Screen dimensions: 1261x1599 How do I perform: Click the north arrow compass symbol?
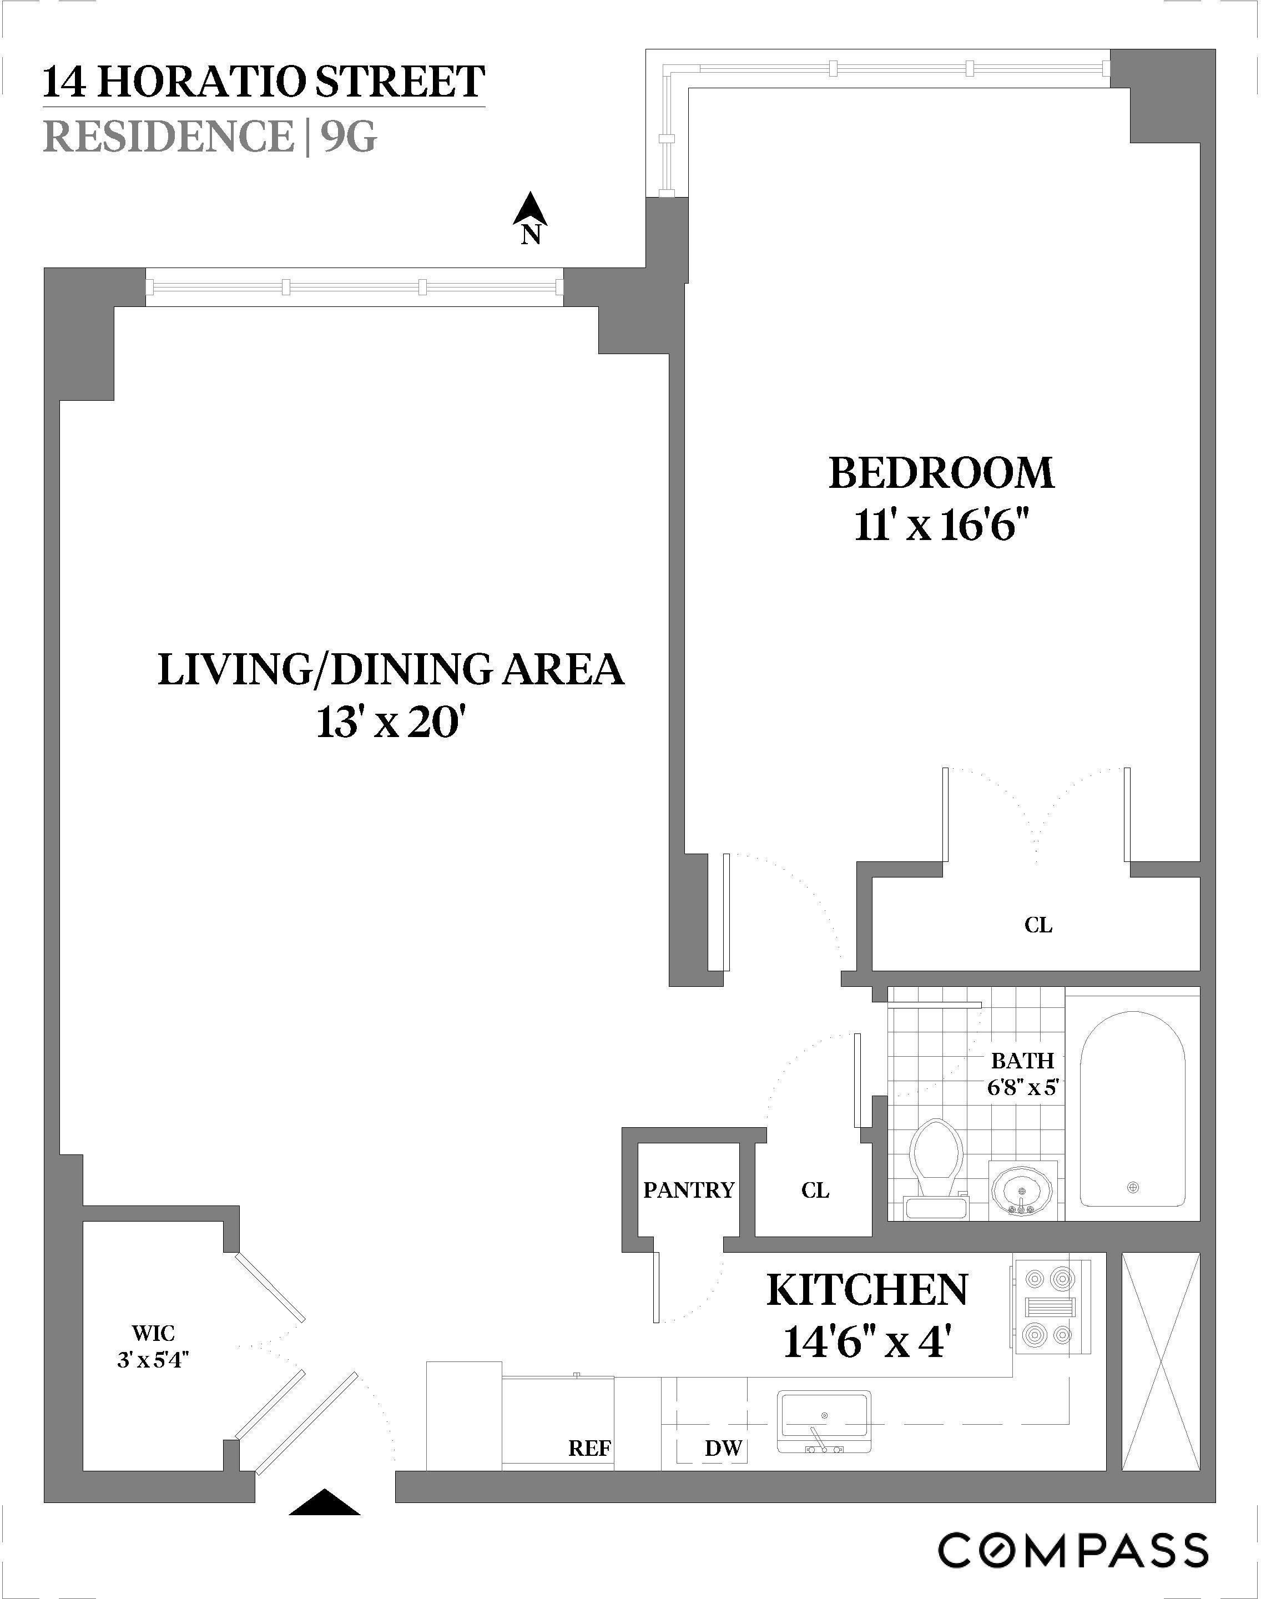click(530, 217)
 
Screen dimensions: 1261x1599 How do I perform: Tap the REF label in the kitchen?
click(589, 1449)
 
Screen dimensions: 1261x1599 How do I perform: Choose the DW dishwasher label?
click(723, 1449)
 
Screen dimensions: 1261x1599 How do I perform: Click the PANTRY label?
click(689, 1190)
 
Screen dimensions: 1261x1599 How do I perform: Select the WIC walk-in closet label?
click(154, 1333)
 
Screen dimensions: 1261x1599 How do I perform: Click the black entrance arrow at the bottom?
click(324, 1502)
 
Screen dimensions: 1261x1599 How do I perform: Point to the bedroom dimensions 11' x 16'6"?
click(941, 528)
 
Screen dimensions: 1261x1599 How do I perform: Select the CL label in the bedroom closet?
click(1038, 925)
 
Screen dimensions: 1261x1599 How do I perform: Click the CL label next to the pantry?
click(815, 1190)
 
